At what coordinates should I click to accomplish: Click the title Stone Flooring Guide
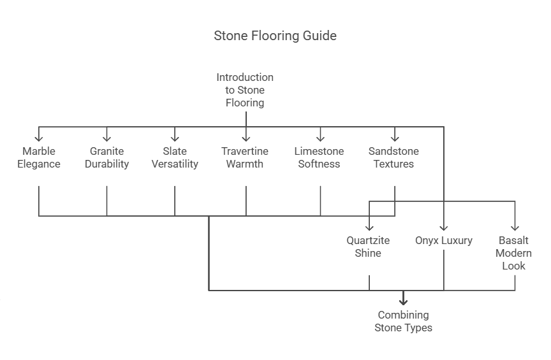[x=275, y=36]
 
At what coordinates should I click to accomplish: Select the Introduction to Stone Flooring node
[x=245, y=90]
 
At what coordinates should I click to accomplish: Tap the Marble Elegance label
[x=39, y=157]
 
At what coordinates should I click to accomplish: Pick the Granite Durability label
[x=107, y=157]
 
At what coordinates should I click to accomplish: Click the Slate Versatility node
[x=175, y=157]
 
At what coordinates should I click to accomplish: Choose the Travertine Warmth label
[x=245, y=157]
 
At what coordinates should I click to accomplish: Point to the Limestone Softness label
[x=319, y=157]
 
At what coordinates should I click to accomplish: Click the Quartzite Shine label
[x=368, y=247]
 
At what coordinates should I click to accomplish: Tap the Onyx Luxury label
[x=444, y=240]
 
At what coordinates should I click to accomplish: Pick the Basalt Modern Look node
[x=514, y=253]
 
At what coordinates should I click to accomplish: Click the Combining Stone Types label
[x=403, y=321]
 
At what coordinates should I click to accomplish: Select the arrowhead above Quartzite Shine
[x=369, y=227]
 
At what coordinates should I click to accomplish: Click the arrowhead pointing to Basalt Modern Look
[x=515, y=227]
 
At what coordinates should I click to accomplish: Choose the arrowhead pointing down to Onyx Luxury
[x=444, y=227]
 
